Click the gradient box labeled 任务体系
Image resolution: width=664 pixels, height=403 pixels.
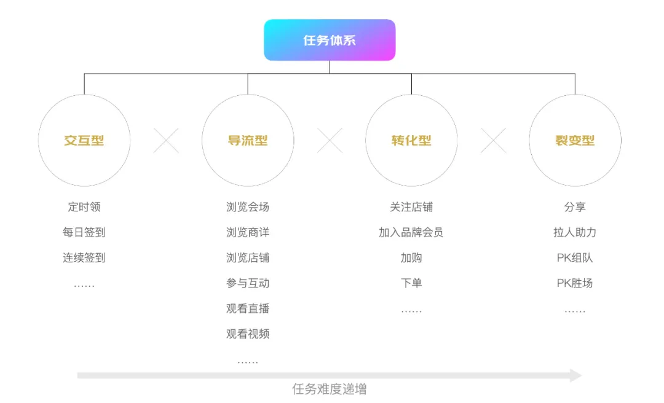coord(330,40)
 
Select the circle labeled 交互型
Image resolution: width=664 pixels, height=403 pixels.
coord(84,141)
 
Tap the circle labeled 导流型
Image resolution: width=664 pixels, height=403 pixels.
coord(248,141)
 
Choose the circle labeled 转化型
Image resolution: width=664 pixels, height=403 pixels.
coord(411,141)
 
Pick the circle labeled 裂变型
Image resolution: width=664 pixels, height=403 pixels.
coord(575,141)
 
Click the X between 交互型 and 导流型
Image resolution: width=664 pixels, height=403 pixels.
coord(166,141)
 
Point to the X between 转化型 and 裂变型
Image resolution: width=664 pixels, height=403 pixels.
coord(493,141)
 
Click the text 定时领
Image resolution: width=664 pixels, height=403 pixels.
coord(84,207)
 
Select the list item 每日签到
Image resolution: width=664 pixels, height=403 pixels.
coord(84,232)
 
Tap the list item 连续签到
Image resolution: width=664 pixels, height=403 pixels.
coord(84,258)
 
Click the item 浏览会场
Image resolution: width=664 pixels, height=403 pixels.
coord(248,207)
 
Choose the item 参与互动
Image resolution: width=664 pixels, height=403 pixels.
coord(248,283)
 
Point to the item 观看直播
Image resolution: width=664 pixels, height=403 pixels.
coord(248,308)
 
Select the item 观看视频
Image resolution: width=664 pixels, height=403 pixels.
coord(248,334)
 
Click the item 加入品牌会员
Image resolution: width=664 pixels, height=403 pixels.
coord(411,232)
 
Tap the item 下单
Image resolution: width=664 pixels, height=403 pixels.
coord(411,283)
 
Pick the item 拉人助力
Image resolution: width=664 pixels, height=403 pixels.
coord(575,232)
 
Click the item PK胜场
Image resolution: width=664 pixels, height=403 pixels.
coord(575,283)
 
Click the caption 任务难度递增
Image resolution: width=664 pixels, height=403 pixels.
coord(330,389)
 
